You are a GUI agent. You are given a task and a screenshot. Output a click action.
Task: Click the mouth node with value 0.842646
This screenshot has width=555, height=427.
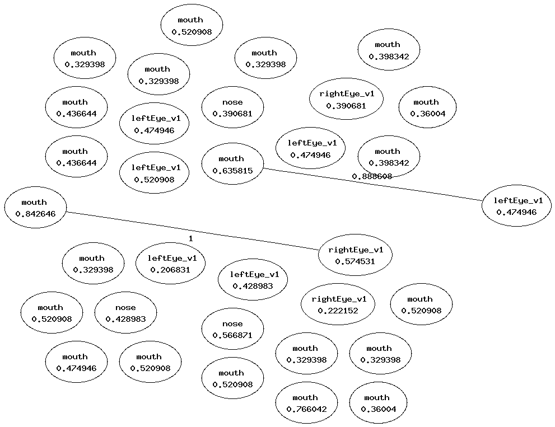pyautogui.click(x=35, y=208)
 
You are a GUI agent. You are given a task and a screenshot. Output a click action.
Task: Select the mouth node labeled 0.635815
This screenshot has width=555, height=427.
pyautogui.click(x=232, y=163)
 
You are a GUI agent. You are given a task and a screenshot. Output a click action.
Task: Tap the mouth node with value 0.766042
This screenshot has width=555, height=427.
pyautogui.click(x=306, y=403)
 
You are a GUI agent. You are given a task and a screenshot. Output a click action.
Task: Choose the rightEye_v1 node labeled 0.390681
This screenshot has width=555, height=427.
pyautogui.click(x=346, y=98)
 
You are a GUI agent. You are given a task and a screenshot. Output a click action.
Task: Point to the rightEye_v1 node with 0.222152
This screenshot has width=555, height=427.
pyautogui.click(x=338, y=304)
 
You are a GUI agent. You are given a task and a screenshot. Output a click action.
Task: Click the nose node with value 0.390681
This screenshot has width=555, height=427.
pyautogui.click(x=232, y=107)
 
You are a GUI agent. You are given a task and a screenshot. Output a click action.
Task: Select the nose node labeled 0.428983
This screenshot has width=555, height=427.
pyautogui.click(x=125, y=313)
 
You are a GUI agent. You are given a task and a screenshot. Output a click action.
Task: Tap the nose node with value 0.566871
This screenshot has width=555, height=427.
pyautogui.click(x=232, y=329)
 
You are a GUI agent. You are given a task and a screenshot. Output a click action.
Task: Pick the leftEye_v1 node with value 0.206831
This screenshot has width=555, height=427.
pyautogui.click(x=171, y=264)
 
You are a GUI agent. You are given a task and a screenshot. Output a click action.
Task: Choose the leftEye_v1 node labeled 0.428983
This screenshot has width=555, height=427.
pyautogui.click(x=254, y=280)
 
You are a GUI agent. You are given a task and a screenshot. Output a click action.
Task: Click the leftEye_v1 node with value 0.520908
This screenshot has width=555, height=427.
pyautogui.click(x=155, y=173)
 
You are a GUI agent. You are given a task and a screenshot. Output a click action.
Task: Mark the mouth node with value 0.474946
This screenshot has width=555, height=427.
pyautogui.click(x=76, y=362)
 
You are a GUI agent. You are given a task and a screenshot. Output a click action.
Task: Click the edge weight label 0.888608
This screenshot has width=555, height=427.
pyautogui.click(x=372, y=176)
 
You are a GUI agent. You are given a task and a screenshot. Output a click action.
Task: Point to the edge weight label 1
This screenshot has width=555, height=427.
pyautogui.click(x=190, y=238)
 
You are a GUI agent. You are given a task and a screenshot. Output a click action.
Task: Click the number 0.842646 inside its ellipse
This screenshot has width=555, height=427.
pyautogui.click(x=35, y=214)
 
